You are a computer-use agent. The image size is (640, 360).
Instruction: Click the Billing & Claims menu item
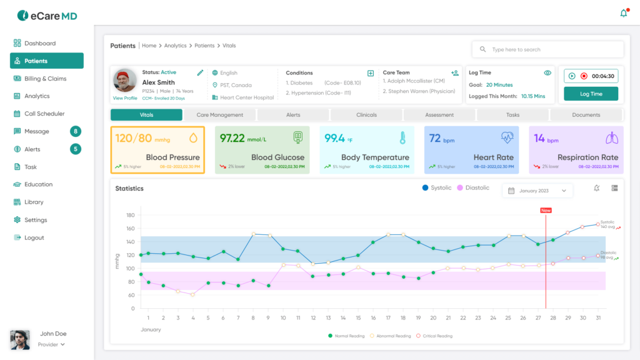click(45, 79)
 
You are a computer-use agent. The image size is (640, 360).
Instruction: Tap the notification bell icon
click(623, 13)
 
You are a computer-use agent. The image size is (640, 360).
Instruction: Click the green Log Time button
click(591, 94)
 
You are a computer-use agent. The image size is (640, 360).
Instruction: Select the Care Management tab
click(219, 115)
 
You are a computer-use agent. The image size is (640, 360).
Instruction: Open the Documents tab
click(586, 115)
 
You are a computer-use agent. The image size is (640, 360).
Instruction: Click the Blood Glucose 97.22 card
click(262, 150)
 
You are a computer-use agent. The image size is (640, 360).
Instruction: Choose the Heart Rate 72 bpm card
click(471, 150)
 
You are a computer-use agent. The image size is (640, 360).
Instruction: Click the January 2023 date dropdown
click(537, 191)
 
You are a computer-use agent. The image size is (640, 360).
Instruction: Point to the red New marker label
click(546, 211)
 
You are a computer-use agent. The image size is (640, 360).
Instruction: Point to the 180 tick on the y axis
click(131, 215)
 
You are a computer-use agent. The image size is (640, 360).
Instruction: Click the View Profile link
click(125, 98)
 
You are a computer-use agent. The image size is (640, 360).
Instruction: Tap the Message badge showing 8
click(76, 131)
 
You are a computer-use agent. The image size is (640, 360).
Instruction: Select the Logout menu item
click(34, 237)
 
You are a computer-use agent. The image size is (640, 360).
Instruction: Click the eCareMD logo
click(47, 15)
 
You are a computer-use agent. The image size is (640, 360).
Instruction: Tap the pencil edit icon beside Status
click(200, 72)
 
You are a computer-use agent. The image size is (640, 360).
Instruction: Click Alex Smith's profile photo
click(125, 81)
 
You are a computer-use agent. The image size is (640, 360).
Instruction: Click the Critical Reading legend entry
click(435, 336)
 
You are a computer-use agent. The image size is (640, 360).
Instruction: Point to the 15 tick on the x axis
click(358, 317)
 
